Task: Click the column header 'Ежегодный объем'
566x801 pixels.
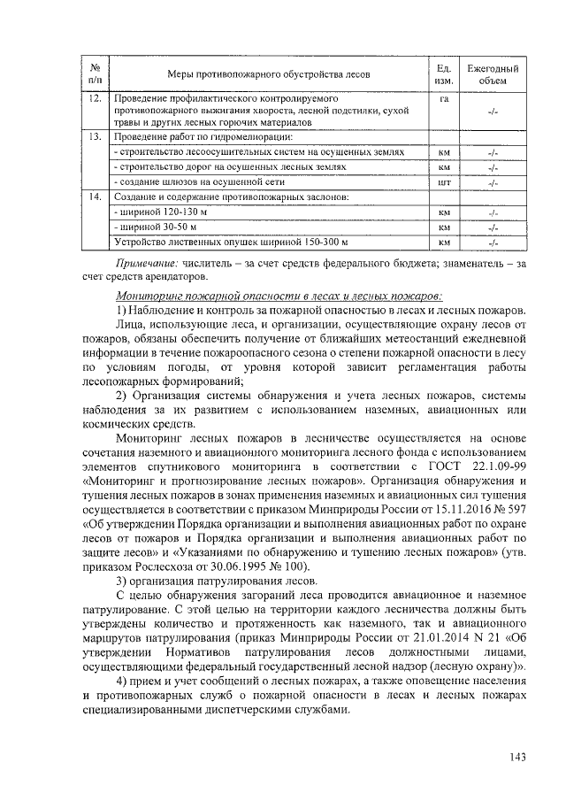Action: tap(493, 74)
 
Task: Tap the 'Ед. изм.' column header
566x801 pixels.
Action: tap(445, 74)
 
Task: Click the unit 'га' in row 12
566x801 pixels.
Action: tap(445, 97)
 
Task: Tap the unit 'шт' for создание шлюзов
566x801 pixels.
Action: tap(445, 181)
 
